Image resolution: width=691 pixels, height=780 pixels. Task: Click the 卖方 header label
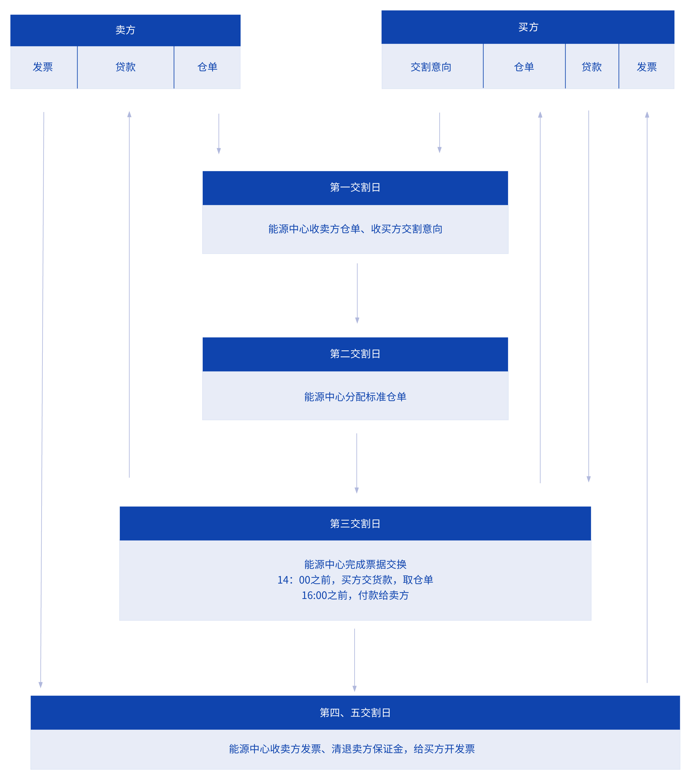(x=125, y=30)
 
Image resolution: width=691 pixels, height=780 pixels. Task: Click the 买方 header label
(x=528, y=27)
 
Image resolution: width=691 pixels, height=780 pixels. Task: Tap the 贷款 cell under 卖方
(x=125, y=67)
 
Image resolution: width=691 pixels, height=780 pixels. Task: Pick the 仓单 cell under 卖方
(x=207, y=67)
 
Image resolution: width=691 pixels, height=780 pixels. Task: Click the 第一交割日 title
(x=355, y=187)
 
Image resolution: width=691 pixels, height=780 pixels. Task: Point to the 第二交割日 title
(x=355, y=354)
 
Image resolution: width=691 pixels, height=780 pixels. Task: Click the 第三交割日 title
(x=355, y=523)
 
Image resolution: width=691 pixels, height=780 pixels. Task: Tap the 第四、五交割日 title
(x=355, y=712)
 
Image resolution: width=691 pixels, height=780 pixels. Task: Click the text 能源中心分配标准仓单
(x=355, y=397)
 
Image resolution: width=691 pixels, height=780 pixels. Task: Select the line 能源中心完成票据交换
(x=355, y=564)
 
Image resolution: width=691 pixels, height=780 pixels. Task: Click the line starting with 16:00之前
(x=355, y=595)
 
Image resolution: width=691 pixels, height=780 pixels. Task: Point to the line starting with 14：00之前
(x=355, y=580)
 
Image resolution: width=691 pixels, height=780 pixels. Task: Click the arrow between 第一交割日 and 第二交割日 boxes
(x=357, y=293)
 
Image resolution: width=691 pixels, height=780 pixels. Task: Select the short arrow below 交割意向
(x=440, y=133)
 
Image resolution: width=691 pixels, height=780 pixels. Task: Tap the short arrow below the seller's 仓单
(x=219, y=133)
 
